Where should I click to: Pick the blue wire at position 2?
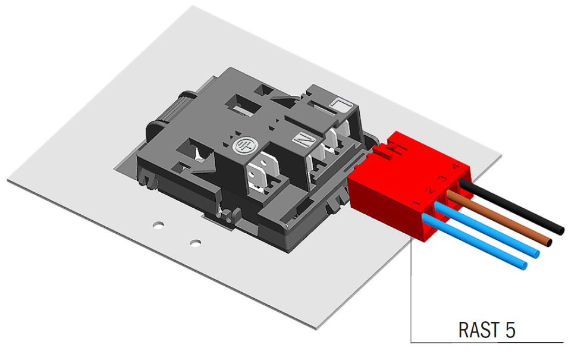click(488, 230)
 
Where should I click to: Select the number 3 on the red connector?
click(442, 179)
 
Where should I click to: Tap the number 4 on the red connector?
click(455, 167)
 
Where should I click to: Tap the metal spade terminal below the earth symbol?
click(260, 176)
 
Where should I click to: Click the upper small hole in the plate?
click(158, 226)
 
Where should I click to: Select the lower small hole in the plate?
click(194, 243)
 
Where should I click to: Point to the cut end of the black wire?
click(560, 229)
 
